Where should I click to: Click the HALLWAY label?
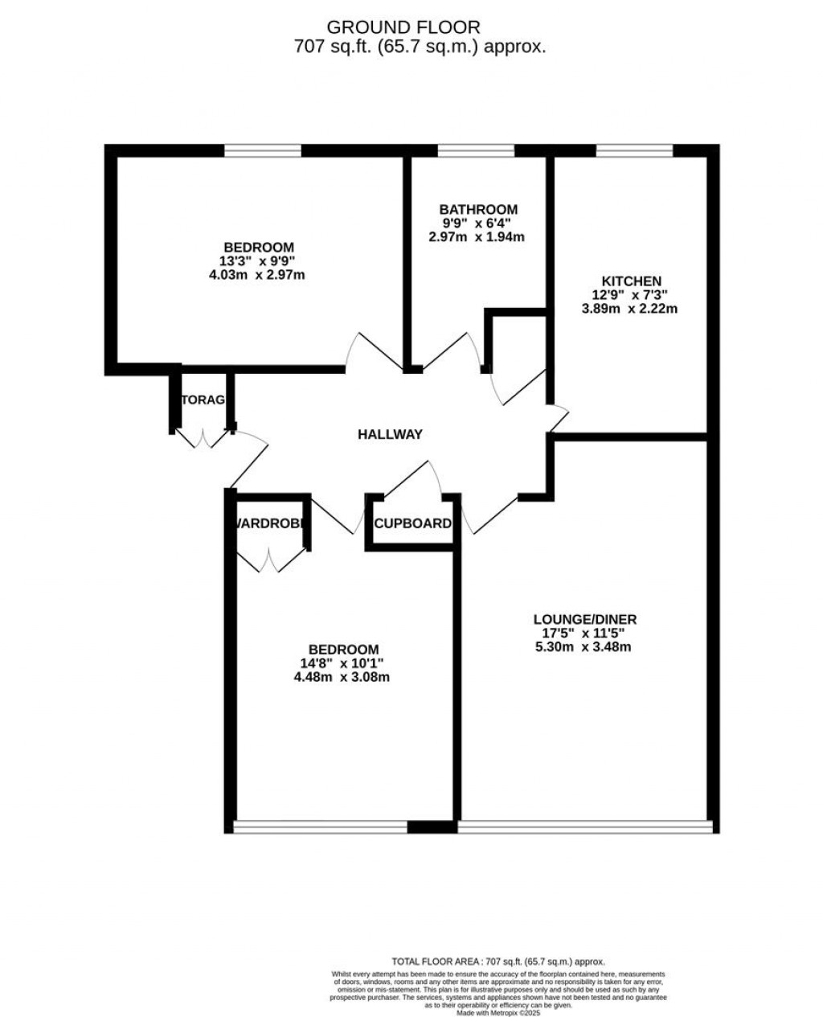pyautogui.click(x=390, y=435)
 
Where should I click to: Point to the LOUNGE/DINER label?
pyautogui.click(x=585, y=619)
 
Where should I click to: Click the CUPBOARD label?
pyautogui.click(x=413, y=523)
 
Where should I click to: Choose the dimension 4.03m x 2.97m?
pyautogui.click(x=258, y=274)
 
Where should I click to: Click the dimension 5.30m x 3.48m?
pyautogui.click(x=584, y=646)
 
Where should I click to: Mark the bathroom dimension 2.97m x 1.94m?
pyautogui.click(x=477, y=237)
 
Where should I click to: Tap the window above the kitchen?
pyautogui.click(x=634, y=150)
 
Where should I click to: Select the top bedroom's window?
pyautogui.click(x=262, y=150)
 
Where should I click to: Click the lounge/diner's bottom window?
pyautogui.click(x=585, y=826)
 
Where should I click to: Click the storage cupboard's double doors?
pyautogui.click(x=203, y=438)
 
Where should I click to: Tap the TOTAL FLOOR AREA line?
pyautogui.click(x=497, y=962)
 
